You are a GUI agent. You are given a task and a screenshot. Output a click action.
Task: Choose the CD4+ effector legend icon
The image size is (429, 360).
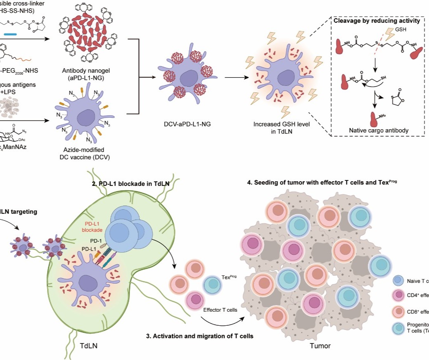pos(398,295)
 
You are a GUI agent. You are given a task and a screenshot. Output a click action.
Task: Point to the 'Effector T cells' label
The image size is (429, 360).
pos(220,309)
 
